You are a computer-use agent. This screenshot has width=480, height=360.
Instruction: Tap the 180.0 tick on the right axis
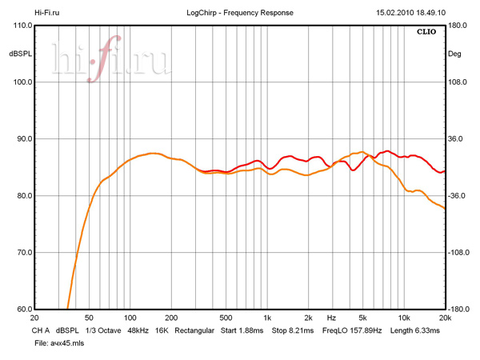click(457, 26)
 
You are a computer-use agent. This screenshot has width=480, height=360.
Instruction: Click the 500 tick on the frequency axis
click(226, 317)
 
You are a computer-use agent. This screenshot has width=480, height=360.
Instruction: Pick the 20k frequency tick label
click(444, 317)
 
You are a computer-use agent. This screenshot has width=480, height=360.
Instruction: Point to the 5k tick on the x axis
click(362, 317)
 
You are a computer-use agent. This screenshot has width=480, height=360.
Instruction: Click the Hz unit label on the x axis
click(331, 317)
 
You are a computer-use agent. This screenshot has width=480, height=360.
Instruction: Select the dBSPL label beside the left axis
click(20, 54)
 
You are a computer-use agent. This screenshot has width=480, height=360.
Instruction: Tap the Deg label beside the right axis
click(454, 54)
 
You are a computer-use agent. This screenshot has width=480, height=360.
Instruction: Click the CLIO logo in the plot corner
click(426, 34)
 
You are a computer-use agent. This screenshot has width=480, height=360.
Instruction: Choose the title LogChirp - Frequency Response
click(240, 13)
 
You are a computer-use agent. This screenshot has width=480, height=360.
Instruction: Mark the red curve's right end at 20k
click(444, 171)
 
